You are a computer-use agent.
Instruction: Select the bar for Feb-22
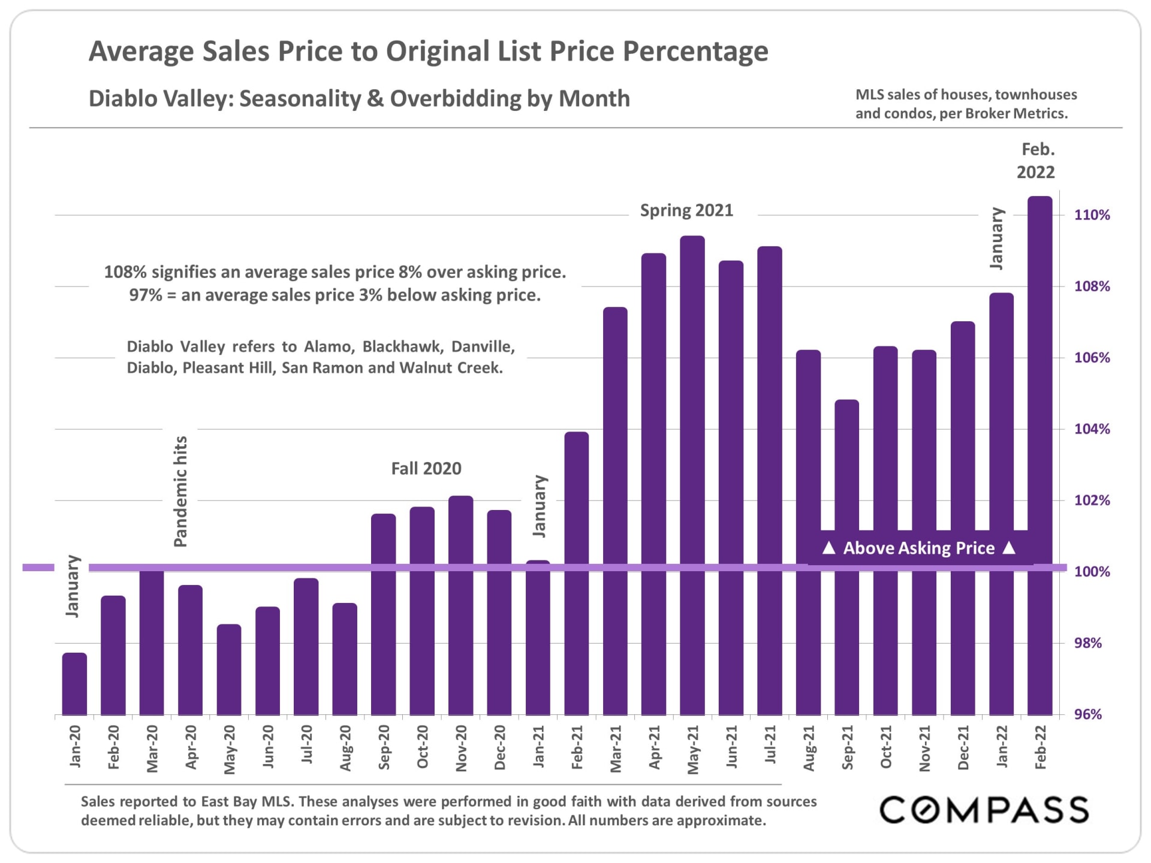(x=1039, y=455)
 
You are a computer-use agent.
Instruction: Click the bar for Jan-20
(x=74, y=684)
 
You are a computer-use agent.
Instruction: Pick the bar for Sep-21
(x=846, y=557)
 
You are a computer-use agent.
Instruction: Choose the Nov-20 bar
(x=460, y=605)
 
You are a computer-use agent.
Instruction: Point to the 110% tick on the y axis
(x=1092, y=215)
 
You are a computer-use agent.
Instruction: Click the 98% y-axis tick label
(x=1087, y=643)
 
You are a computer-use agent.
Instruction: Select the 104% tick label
(x=1092, y=429)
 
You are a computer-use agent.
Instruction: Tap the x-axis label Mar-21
(x=616, y=749)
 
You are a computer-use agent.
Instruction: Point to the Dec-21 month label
(x=963, y=747)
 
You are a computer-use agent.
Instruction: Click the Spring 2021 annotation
(x=686, y=210)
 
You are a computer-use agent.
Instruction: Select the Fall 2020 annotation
(x=426, y=469)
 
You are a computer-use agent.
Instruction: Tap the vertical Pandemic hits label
(x=180, y=491)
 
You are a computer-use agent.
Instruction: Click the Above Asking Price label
(x=919, y=548)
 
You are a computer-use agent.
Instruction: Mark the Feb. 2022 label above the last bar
(x=1036, y=161)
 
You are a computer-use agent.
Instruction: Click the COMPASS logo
(x=984, y=810)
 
